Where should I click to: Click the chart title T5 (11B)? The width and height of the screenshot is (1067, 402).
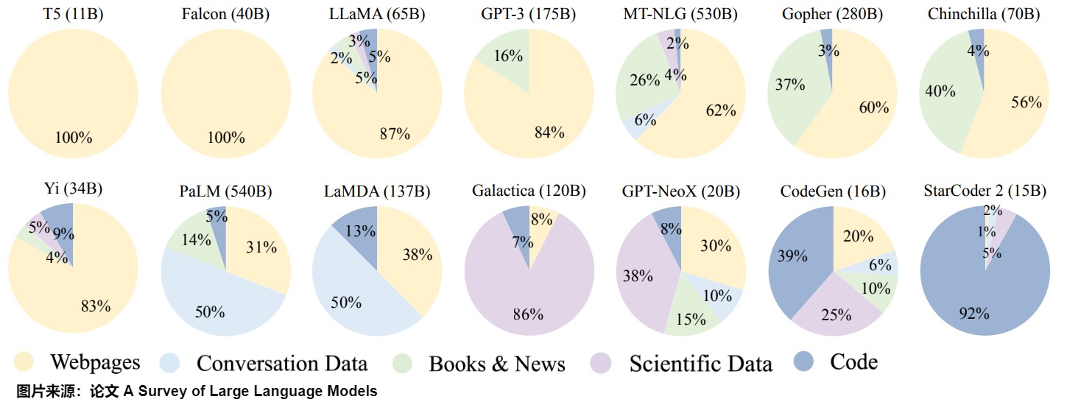tap(73, 14)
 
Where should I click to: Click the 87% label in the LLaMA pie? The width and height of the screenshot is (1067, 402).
tap(395, 133)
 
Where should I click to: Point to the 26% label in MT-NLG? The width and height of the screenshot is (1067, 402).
tap(645, 80)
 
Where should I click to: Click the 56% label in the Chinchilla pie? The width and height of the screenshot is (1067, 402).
tap(1026, 102)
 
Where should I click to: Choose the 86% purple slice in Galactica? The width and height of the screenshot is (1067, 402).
tap(528, 302)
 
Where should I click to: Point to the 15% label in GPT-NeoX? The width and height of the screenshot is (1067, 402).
tap(690, 319)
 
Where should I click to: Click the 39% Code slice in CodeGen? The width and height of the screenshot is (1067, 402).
tap(792, 258)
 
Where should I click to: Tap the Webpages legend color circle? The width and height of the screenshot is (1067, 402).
tap(24, 362)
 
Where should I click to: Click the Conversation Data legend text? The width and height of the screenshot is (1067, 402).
tap(282, 363)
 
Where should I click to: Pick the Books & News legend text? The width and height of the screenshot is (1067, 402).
tap(497, 363)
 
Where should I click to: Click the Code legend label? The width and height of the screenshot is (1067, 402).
tap(853, 362)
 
